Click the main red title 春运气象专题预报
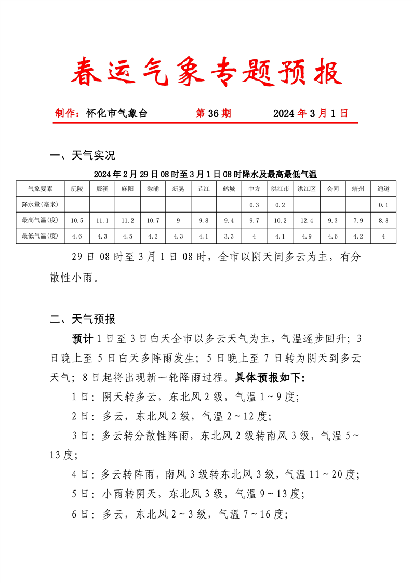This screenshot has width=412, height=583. (206, 72)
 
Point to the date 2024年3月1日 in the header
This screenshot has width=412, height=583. (310, 113)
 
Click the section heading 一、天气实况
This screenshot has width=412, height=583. (82, 155)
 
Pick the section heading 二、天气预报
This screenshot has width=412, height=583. (82, 319)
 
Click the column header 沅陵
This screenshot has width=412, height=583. (77, 189)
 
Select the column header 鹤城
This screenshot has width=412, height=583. (229, 189)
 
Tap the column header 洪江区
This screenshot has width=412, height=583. (307, 189)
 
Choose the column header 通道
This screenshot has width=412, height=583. (383, 189)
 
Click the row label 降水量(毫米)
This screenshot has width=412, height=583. (40, 205)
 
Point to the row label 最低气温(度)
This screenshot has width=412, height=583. (40, 236)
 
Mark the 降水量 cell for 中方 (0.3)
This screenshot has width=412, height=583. (254, 205)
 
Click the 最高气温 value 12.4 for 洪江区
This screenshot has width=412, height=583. (307, 221)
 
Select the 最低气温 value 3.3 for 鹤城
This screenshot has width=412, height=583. (229, 236)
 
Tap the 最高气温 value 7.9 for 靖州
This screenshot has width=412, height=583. (358, 221)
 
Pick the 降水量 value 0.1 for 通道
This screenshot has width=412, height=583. (383, 205)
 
